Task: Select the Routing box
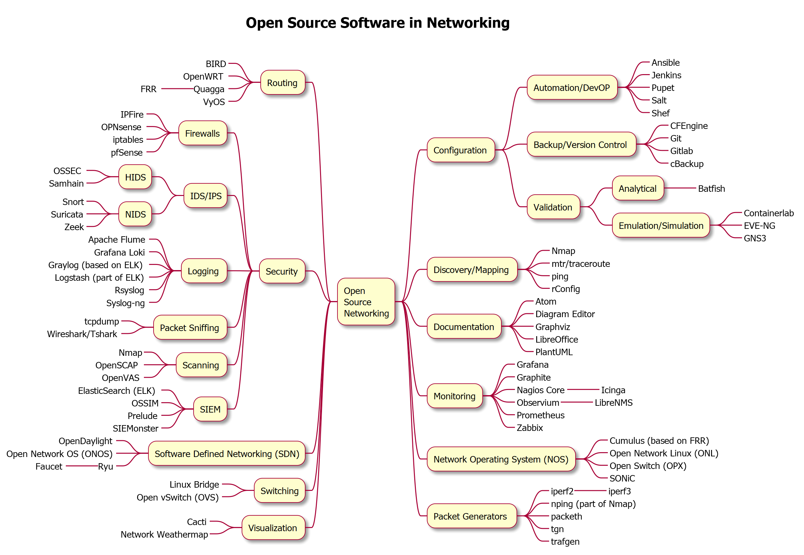coord(282,83)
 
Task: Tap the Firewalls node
coord(202,133)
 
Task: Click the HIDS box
coord(135,177)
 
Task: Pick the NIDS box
coord(135,214)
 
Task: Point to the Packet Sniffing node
coord(190,327)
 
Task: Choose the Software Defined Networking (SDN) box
coord(226,453)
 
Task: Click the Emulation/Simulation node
coord(661,225)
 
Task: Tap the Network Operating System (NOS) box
coord(501,459)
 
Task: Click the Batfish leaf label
coord(711,189)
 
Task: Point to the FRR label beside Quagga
coord(148,89)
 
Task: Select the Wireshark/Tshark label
coord(82,334)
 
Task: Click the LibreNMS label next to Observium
coord(613,402)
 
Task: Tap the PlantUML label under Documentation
coord(553,352)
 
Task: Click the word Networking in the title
coord(468,23)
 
